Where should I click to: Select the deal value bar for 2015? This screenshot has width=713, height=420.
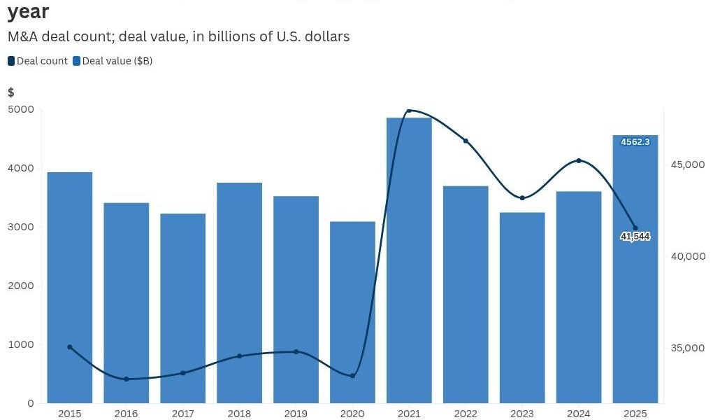70,287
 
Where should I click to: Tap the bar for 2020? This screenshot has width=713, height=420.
352,312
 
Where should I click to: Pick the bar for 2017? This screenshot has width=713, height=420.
182,308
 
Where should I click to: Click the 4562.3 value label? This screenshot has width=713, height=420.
635,142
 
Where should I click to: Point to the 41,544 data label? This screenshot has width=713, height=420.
635,237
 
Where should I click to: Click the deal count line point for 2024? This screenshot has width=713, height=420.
579,161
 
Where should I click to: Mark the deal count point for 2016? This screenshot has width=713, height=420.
127,379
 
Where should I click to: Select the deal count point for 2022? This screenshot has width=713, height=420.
466,141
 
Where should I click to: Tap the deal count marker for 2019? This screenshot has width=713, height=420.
296,351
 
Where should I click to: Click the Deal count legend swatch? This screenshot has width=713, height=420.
11,61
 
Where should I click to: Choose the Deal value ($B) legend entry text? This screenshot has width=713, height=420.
117,61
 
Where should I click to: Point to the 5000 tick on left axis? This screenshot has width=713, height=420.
21,109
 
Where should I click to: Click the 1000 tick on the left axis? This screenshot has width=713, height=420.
21,344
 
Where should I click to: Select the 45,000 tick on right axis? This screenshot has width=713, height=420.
688,164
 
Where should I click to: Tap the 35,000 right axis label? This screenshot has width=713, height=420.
688,348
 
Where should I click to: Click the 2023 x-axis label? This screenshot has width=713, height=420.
522,414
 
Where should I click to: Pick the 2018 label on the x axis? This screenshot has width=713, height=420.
239,414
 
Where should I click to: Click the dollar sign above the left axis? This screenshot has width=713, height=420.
11,92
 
